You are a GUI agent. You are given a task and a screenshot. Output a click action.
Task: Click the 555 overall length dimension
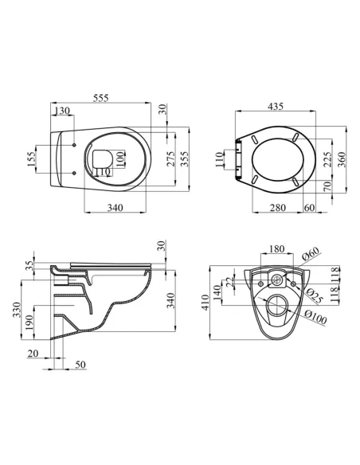tap(101, 97)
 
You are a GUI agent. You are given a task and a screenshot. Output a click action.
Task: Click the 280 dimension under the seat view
tap(277, 209)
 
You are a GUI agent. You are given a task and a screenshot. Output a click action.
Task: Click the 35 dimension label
tap(31, 266)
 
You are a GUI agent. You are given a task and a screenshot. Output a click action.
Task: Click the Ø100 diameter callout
tap(316, 319)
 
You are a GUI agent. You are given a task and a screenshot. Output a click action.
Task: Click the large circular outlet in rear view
tap(276, 305)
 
